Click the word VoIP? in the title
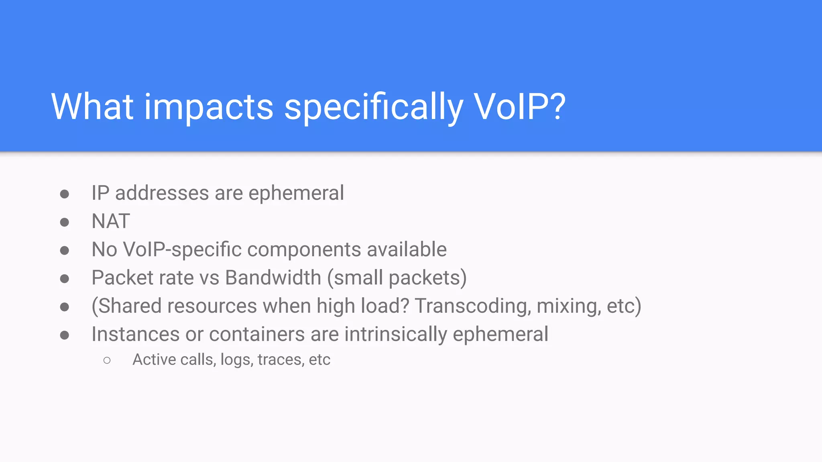click(x=519, y=107)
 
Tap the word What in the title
click(x=92, y=107)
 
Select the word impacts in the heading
click(x=209, y=107)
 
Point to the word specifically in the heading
click(x=374, y=107)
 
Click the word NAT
click(x=111, y=221)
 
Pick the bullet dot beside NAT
click(x=65, y=223)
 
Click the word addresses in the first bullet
click(x=162, y=193)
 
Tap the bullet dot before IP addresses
click(x=65, y=195)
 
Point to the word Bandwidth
click(x=273, y=278)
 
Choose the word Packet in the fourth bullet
click(x=122, y=278)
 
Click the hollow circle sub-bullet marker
click(x=107, y=360)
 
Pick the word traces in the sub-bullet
click(x=280, y=360)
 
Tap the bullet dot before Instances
click(x=65, y=335)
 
